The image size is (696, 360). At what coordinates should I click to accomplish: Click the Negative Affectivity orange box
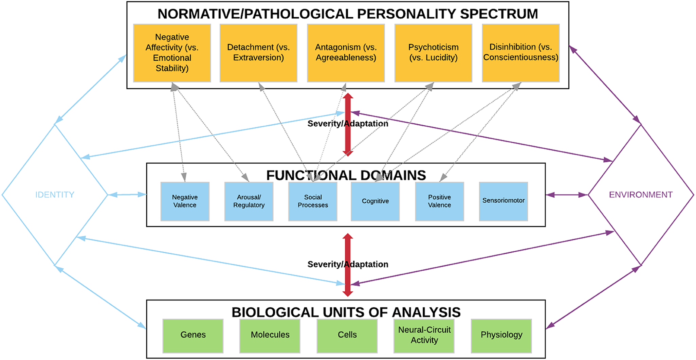coord(172,53)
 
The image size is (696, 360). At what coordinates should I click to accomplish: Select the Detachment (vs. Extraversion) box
coord(258,53)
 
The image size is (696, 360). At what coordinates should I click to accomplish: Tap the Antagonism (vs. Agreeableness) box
coord(346,53)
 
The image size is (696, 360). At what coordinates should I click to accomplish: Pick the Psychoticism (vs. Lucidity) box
coord(433,53)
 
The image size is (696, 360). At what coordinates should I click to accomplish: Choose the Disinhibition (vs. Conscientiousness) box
coord(520,53)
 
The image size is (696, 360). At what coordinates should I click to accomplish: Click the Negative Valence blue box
coord(185,201)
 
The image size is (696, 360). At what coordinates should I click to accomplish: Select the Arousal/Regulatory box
coord(249,201)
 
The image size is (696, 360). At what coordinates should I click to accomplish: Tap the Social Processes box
coord(313,201)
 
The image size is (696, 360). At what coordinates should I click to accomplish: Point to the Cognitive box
coord(375,201)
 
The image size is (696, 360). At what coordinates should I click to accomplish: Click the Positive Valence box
coord(439,201)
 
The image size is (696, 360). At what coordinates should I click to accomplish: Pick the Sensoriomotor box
coord(503,201)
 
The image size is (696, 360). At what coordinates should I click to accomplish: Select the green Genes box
coord(193,336)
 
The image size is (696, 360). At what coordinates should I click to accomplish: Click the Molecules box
coord(270,336)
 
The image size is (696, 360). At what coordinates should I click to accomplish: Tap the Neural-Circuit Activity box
coord(424,336)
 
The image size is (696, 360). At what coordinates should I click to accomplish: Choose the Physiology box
coord(501,336)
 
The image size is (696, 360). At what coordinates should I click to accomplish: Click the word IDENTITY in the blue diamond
coord(55,195)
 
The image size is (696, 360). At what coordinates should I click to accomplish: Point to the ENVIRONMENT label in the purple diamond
coord(640,195)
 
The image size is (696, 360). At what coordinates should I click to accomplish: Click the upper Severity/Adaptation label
coord(347,124)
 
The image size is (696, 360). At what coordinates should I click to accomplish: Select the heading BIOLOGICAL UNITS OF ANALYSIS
coord(346,312)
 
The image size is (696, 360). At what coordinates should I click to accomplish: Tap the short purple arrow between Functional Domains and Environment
coord(567,195)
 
